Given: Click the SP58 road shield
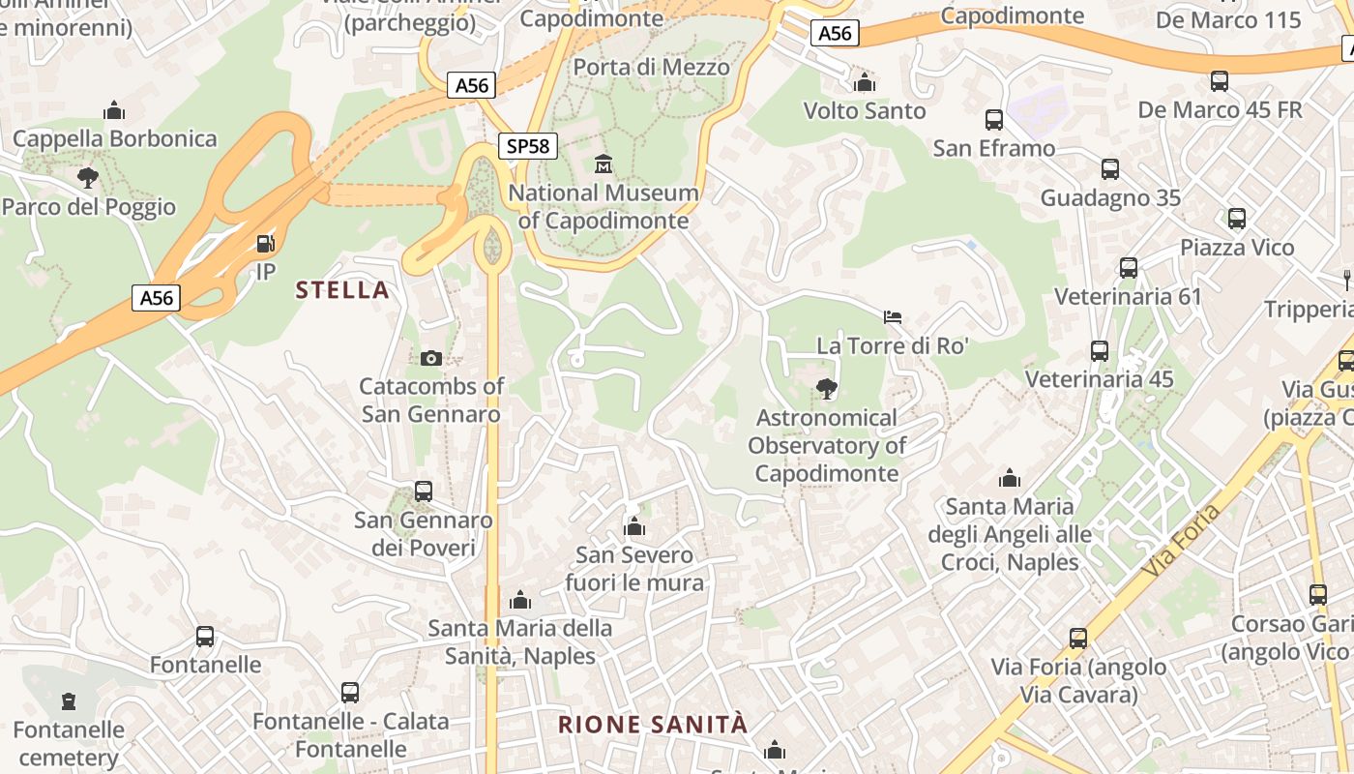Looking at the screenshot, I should pyautogui.click(x=528, y=146).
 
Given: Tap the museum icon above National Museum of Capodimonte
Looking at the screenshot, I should pyautogui.click(x=603, y=164).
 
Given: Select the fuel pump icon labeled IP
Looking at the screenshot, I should pyautogui.click(x=265, y=244).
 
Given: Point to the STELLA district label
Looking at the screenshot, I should pyautogui.click(x=342, y=289).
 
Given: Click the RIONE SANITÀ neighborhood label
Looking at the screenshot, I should pyautogui.click(x=653, y=724).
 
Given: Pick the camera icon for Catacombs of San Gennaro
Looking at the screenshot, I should pyautogui.click(x=431, y=358).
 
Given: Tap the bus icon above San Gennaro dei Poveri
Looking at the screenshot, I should pyautogui.click(x=424, y=491).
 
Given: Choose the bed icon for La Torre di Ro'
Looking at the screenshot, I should pyautogui.click(x=893, y=316).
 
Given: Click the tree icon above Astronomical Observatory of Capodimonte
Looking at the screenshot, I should pyautogui.click(x=827, y=389).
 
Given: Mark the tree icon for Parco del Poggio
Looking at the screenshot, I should pyautogui.click(x=88, y=178).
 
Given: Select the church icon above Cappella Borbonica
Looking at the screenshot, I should pyautogui.click(x=114, y=110).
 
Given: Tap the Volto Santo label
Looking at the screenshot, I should pyautogui.click(x=865, y=110).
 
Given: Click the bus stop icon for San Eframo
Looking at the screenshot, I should pyautogui.click(x=994, y=120).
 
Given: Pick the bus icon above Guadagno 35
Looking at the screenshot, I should pyautogui.click(x=1110, y=169).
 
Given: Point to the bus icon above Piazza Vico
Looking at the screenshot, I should pyautogui.click(x=1237, y=219).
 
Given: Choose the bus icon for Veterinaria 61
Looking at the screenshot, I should pyautogui.click(x=1129, y=268).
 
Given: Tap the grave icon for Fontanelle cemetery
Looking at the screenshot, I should pyautogui.click(x=69, y=700).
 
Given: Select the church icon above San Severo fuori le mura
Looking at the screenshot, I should pyautogui.click(x=634, y=526).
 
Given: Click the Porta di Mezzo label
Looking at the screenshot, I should pyautogui.click(x=651, y=67).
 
